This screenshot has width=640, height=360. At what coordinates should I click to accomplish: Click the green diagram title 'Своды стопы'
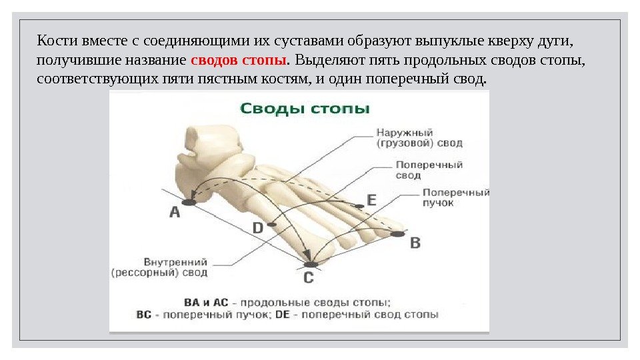click(x=305, y=108)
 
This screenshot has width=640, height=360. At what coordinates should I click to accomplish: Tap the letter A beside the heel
click(x=175, y=213)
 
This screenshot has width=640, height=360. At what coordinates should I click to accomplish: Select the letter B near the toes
click(x=415, y=243)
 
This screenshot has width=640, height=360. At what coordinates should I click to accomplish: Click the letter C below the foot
click(x=308, y=277)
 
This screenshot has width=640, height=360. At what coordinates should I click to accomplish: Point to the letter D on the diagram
click(x=258, y=229)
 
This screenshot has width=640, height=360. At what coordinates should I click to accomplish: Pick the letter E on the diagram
click(x=371, y=199)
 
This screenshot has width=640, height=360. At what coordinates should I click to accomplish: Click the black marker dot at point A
click(x=189, y=202)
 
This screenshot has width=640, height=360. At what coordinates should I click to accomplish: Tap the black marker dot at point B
click(x=398, y=234)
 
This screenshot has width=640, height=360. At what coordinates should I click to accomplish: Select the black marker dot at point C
click(x=311, y=265)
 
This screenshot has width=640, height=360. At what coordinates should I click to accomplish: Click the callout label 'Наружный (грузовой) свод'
click(x=419, y=138)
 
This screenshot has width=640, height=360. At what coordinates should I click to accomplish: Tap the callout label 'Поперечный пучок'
click(x=455, y=197)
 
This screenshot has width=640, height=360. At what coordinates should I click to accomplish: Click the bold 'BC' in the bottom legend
click(x=145, y=314)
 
